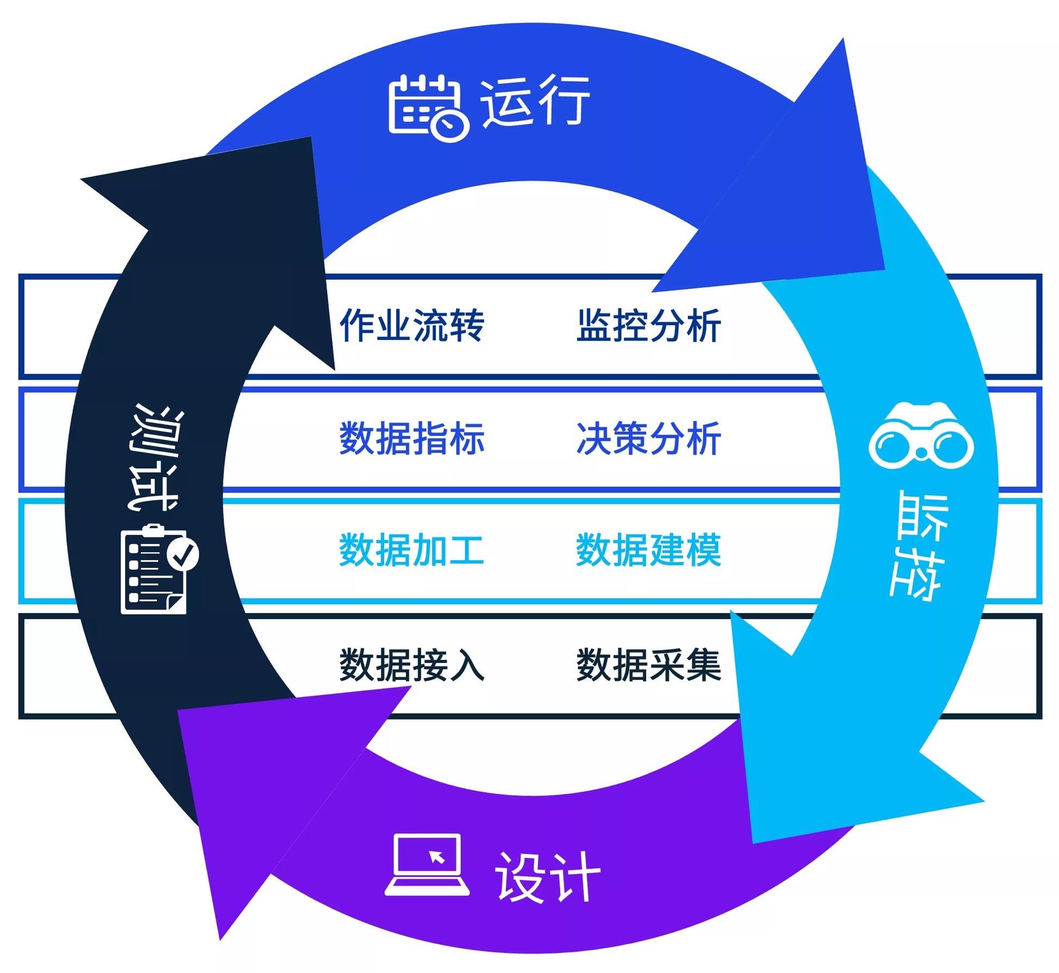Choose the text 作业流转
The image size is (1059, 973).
[x=412, y=326]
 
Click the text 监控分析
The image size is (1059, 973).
[x=649, y=326]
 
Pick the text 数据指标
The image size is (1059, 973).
[x=412, y=438]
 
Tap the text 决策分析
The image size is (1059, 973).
[x=649, y=438]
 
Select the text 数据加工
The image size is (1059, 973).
[x=412, y=550]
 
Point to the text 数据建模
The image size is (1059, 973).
[x=649, y=550]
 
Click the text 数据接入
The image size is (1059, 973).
[x=412, y=665]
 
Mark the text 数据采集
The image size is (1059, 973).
[x=649, y=665]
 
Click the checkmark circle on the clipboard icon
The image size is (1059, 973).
[x=183, y=554]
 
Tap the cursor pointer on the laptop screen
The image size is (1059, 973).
[x=437, y=857]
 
